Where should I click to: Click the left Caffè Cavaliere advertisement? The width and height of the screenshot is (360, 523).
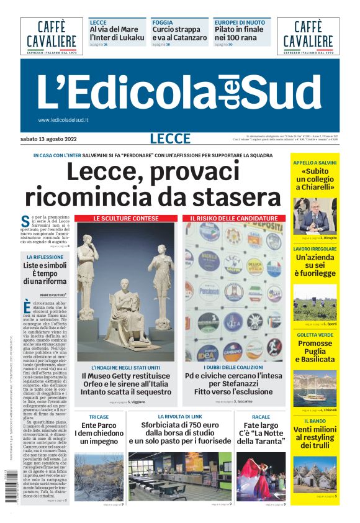52,37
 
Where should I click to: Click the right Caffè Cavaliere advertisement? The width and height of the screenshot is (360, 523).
308,37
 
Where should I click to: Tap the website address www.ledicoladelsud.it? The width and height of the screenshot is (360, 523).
63,120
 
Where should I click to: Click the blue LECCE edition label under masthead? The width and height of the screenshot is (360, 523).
169,139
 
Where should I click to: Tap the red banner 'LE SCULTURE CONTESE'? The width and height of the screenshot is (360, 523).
127,219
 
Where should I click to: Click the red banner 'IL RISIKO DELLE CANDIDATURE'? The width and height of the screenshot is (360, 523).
234,219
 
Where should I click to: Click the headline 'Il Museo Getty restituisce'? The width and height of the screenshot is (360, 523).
127,376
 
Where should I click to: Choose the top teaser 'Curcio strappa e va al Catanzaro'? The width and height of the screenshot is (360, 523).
179,33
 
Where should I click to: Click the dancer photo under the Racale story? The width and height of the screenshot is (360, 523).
261,476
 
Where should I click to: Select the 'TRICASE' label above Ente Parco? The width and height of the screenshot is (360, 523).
99,417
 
